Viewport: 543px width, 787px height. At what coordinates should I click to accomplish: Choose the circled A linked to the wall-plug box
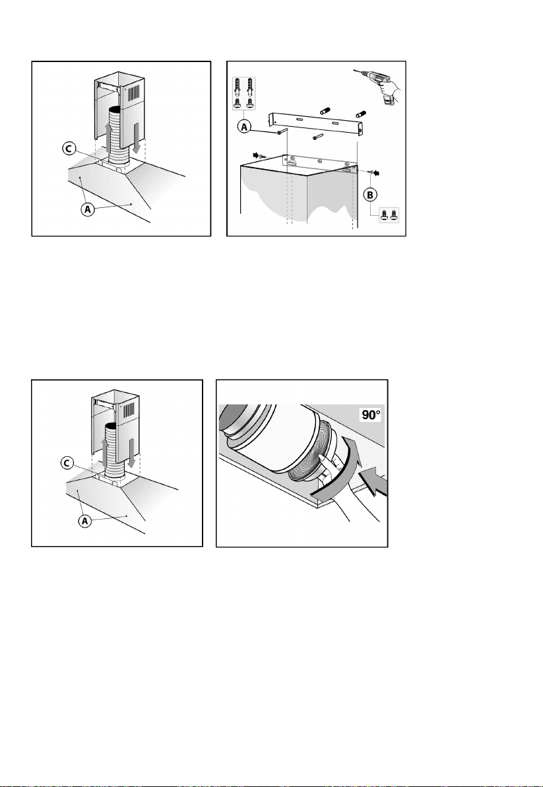pos(245,128)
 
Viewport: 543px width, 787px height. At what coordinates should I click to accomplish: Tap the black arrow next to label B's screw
pos(376,173)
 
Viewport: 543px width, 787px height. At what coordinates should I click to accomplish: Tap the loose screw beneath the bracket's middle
pos(317,137)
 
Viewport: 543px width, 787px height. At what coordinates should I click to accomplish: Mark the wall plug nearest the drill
pos(360,114)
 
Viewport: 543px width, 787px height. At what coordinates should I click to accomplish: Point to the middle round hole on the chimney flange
pos(319,162)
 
